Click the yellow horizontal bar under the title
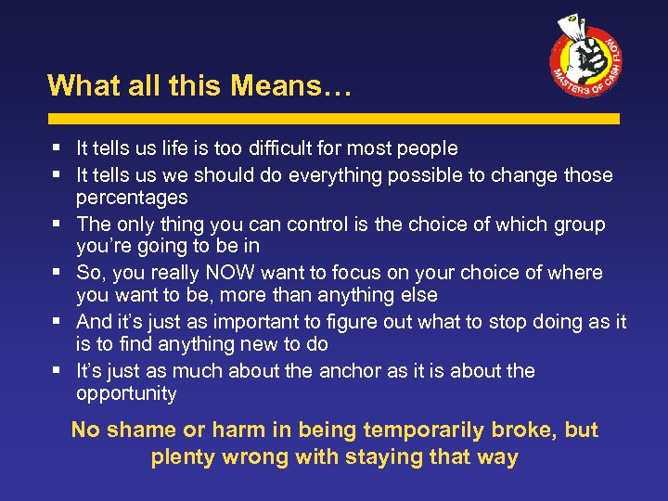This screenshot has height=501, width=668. point(333,120)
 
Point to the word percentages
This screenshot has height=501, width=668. point(132,198)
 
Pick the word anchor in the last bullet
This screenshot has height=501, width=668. point(356,371)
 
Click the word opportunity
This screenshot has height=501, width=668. point(126,393)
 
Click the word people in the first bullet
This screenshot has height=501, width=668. point(426,148)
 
